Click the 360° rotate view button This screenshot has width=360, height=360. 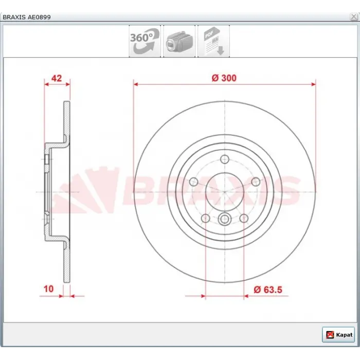point(145,41)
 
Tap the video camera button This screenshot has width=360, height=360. point(179,41)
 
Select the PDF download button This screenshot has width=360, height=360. point(213,41)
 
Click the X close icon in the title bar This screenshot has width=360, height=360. point(354,17)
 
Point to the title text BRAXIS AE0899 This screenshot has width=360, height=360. point(27,17)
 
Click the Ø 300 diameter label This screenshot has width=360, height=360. point(224,78)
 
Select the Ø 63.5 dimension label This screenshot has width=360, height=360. point(268,290)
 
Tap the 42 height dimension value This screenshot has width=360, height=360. point(57,78)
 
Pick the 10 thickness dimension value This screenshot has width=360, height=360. point(48,289)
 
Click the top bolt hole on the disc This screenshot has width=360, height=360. point(225,159)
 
